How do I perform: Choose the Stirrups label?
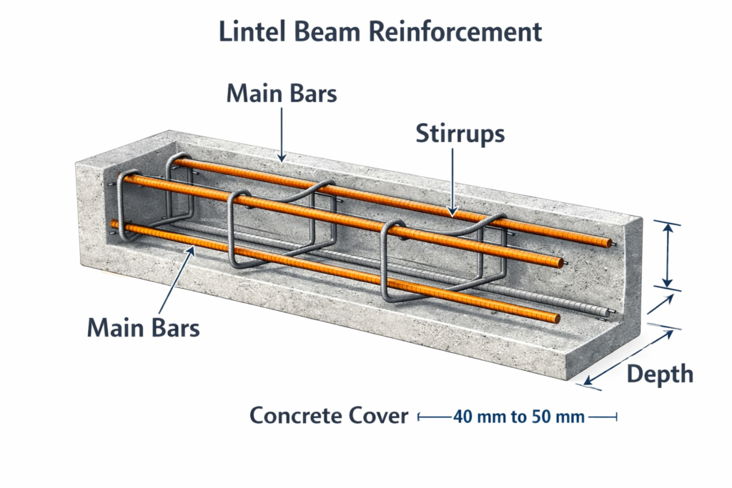pyautogui.click(x=460, y=134)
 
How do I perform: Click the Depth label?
pyautogui.click(x=659, y=374)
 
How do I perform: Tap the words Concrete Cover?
pyautogui.click(x=329, y=415)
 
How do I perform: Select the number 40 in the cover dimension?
pyautogui.click(x=463, y=417)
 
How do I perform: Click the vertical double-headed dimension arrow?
pyautogui.click(x=666, y=255)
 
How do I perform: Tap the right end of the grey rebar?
pyautogui.click(x=608, y=312)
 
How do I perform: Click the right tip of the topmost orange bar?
pyautogui.click(x=610, y=244)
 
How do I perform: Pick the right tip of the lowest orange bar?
pyautogui.click(x=556, y=318)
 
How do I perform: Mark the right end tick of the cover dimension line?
pyautogui.click(x=615, y=416)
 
